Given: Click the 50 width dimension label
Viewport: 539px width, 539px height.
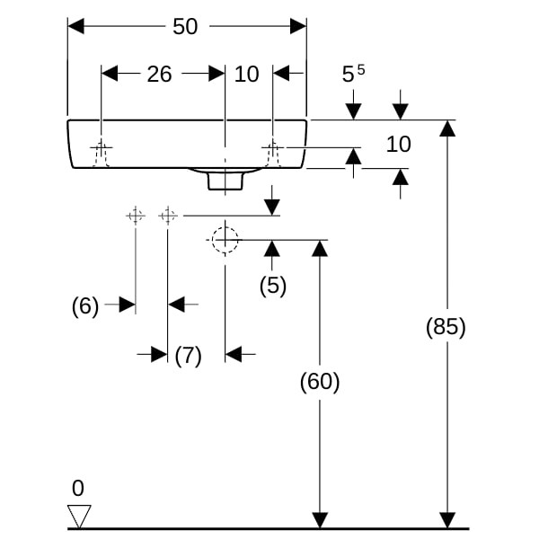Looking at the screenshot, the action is coord(185,26).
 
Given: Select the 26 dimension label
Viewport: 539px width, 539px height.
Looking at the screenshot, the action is coord(159,74).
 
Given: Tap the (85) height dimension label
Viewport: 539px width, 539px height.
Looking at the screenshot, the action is coord(446,327).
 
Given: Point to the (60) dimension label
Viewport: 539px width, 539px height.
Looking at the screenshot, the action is coord(320,382).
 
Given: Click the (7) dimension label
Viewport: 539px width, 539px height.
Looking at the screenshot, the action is coord(188,356).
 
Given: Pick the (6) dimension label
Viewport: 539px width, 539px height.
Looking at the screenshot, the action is coord(85,306).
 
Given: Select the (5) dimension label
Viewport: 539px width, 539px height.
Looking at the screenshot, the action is coord(272,286).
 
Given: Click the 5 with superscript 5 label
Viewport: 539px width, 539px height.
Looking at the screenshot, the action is coord(353,74).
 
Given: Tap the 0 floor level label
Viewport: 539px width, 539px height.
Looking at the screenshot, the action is coord(78,488).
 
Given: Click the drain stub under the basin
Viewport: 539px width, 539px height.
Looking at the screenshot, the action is coord(225,181).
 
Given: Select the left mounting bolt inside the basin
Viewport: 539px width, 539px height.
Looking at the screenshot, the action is coord(101,154).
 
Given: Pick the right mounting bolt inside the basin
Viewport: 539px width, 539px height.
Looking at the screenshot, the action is coord(273,154).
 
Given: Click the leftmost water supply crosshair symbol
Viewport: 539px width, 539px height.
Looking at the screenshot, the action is coord(136,216).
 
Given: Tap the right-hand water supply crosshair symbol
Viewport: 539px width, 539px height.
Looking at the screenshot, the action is coord(168,216).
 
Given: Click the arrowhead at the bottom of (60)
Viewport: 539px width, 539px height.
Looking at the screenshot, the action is coord(320,520).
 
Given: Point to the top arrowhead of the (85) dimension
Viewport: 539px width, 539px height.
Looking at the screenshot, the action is coord(447,128).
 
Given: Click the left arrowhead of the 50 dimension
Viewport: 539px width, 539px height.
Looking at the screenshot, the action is coord(76,26).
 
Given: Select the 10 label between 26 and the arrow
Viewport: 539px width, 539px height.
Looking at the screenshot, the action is coord(246,74).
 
